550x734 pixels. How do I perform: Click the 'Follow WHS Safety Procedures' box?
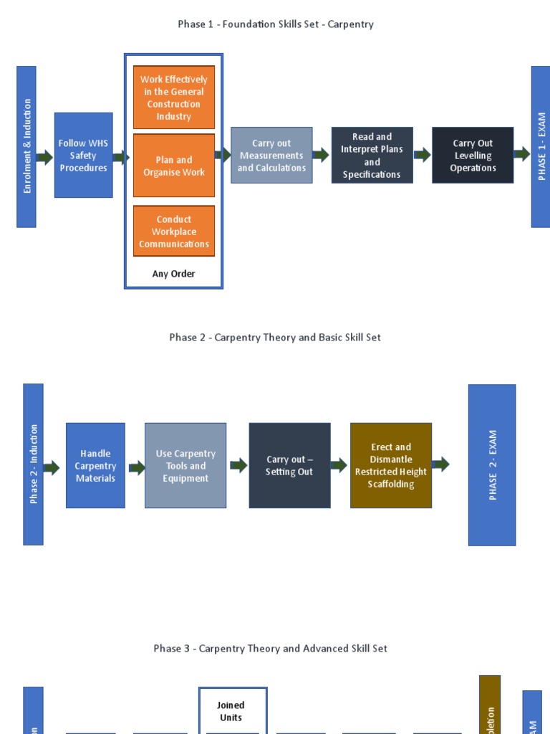[83, 155]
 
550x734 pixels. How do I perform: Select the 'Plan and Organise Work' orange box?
[174, 166]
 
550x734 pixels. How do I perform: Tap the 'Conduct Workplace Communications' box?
[174, 232]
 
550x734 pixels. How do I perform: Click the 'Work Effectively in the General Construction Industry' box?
[174, 97]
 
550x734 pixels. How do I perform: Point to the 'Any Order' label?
[173, 274]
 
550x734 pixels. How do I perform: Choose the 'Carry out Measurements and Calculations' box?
[271, 156]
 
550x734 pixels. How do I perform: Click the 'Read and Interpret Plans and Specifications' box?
[372, 156]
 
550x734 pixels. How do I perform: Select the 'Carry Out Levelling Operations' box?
[473, 156]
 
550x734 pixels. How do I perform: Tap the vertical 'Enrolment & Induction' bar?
[26, 146]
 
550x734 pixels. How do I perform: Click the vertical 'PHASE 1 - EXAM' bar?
[541, 146]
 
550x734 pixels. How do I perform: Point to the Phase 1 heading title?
[276, 24]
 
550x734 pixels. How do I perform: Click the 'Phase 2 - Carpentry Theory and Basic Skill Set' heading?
[275, 337]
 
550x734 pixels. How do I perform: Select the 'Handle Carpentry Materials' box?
[95, 465]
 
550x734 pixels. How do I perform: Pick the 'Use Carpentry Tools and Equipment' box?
[185, 465]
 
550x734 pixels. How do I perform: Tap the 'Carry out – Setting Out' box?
[289, 465]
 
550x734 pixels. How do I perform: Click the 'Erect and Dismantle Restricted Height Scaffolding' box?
[391, 465]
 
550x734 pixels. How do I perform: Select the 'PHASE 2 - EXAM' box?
[492, 464]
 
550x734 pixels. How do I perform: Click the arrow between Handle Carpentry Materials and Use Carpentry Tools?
[136, 468]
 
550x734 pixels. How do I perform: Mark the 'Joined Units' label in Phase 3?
[231, 711]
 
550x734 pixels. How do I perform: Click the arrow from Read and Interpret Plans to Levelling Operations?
[423, 154]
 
